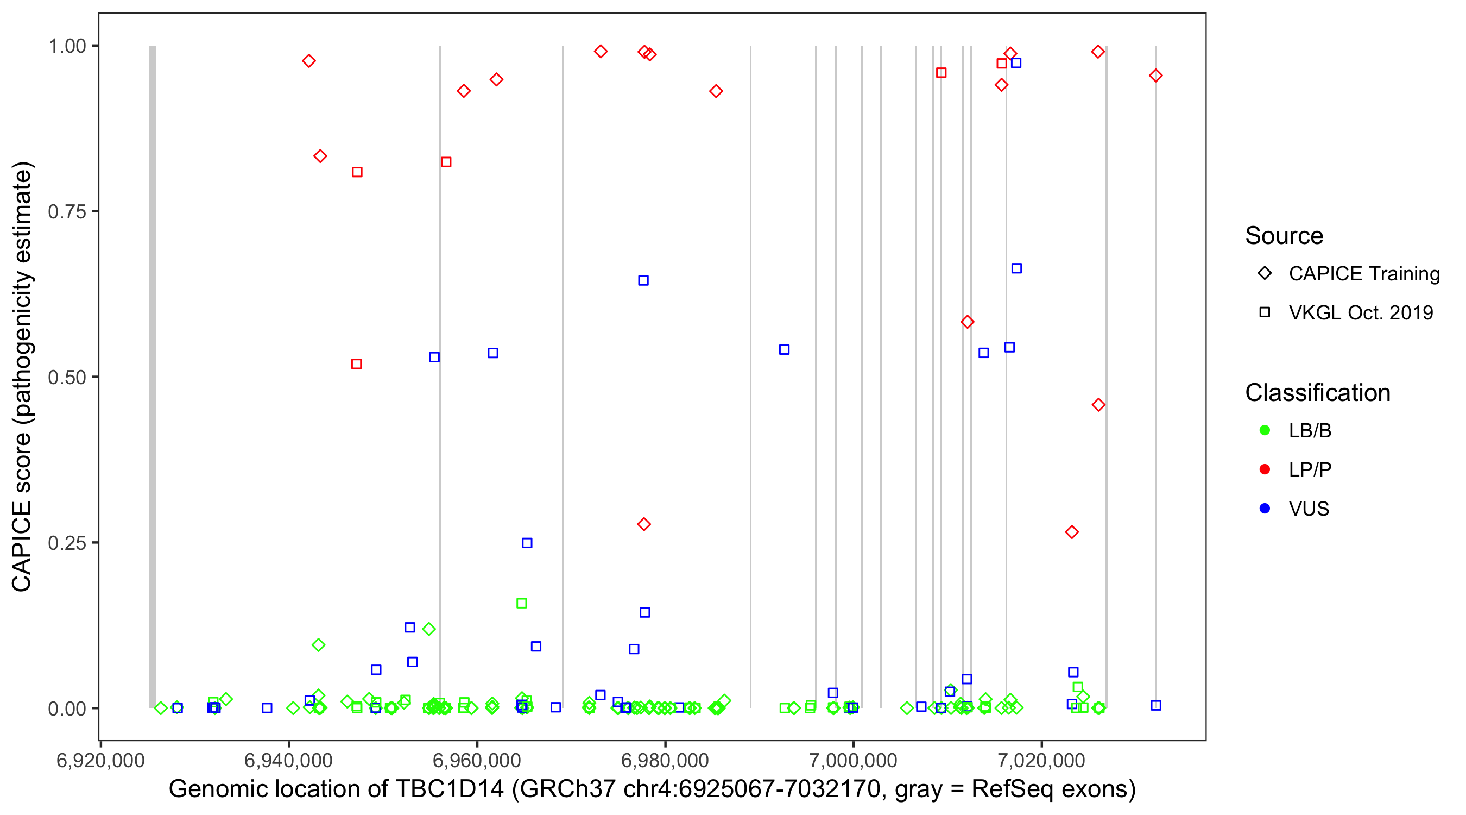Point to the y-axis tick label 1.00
point(67,46)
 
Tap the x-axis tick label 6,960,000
point(477,760)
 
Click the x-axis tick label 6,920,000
point(101,760)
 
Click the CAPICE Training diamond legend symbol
point(1265,273)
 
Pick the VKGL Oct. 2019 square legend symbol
point(1265,312)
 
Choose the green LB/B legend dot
point(1265,430)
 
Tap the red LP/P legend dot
point(1265,469)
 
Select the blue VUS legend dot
point(1265,509)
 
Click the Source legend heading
point(1284,236)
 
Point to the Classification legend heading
point(1317,393)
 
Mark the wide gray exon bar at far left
point(153,376)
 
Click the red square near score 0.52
point(357,364)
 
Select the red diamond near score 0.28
point(643,524)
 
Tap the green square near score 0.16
point(521,603)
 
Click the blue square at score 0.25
point(527,543)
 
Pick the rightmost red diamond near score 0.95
point(1155,76)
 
